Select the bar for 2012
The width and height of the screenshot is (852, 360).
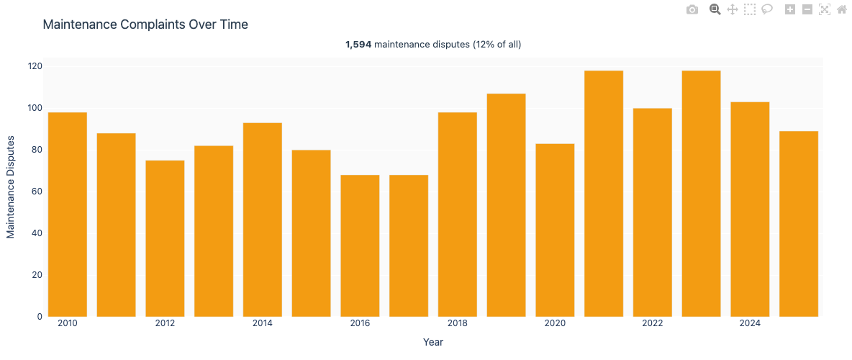click(165, 238)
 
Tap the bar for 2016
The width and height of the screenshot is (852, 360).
click(360, 246)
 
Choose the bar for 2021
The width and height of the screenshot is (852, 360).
click(604, 194)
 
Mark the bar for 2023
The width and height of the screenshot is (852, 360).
click(702, 194)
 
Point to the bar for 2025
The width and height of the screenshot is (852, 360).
click(799, 224)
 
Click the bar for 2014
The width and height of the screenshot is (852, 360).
click(263, 220)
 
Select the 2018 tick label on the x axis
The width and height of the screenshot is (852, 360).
click(458, 324)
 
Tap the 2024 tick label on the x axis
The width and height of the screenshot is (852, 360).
click(750, 324)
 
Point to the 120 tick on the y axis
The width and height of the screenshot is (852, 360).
click(35, 66)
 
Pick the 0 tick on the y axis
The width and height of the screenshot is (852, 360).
click(40, 317)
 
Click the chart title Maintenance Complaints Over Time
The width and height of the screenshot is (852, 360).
click(145, 24)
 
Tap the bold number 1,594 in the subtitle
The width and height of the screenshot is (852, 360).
click(358, 45)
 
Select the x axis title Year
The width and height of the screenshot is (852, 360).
click(433, 342)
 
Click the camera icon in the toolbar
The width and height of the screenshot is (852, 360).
click(692, 9)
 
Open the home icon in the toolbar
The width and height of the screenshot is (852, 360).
click(842, 9)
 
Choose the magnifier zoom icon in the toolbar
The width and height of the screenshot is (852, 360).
click(715, 9)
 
